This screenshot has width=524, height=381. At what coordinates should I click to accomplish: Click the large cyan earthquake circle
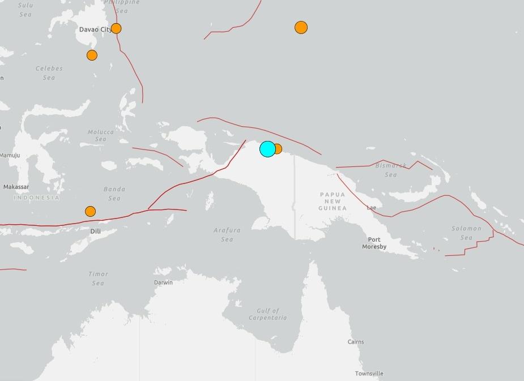267,149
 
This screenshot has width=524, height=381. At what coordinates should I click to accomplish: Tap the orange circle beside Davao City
116,28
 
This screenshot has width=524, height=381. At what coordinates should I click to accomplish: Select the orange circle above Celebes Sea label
92,55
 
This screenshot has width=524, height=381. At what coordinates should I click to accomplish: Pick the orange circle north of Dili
90,211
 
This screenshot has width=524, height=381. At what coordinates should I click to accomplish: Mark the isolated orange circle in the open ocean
301,27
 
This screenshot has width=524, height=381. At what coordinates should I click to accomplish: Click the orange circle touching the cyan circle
278,149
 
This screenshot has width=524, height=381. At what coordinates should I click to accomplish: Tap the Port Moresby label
374,243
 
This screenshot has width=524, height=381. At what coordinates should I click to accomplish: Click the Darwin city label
163,282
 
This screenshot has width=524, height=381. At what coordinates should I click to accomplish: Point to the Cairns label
356,342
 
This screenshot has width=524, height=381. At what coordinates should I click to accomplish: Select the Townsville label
369,374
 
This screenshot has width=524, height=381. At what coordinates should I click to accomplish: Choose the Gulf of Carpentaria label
267,314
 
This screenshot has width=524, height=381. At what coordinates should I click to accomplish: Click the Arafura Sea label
227,235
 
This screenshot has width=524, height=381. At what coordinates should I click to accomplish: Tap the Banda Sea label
114,194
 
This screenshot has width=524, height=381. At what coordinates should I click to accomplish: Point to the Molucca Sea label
101,135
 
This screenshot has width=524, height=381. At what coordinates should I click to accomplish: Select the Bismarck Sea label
391,170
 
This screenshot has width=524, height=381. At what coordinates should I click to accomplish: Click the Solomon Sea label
466,233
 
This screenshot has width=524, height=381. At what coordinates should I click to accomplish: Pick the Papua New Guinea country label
333,201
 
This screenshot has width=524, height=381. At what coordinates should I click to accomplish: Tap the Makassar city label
16,187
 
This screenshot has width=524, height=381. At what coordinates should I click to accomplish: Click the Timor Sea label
98,279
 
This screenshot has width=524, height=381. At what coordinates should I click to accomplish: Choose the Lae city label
371,208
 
